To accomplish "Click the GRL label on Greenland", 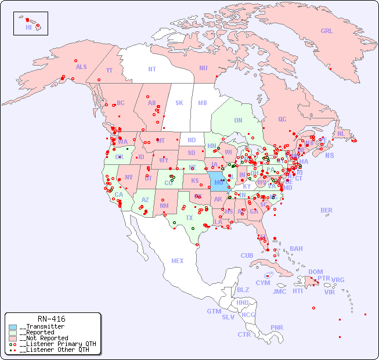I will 327,31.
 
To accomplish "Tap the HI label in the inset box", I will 28,27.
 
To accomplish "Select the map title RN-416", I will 51,319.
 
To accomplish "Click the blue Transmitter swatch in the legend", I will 13,327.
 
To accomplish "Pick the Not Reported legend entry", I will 44,338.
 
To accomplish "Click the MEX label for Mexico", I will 177,261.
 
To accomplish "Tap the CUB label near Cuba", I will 247,255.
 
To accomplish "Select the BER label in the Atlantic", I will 326,210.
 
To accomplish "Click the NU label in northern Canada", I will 203,68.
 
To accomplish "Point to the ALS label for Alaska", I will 81,67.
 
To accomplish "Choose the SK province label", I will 179,103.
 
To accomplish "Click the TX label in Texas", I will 189,218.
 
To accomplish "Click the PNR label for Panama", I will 277,327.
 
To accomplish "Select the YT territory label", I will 109,70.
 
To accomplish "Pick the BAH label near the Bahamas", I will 296,249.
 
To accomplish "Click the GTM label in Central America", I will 214,311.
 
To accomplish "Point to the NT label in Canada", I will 151,69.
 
